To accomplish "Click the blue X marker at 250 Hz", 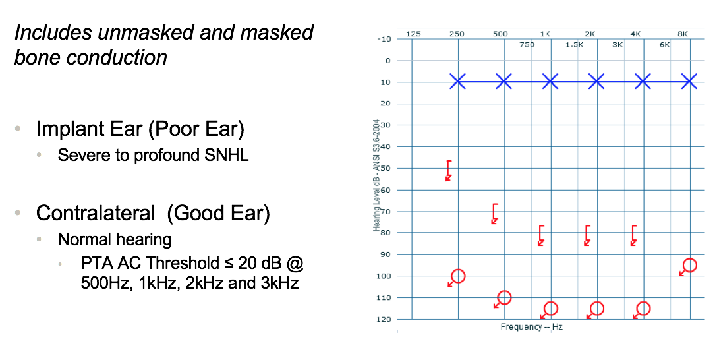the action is (457, 82).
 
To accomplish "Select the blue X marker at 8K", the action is (689, 82).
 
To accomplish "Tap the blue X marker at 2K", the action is (596, 82).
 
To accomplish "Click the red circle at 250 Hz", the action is (458, 276).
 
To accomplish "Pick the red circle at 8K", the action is (689, 265).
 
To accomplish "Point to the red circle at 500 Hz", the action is (504, 297).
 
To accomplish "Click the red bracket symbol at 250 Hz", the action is (449, 170).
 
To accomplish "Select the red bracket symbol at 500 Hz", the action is (494, 214).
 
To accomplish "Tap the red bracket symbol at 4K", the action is (634, 235).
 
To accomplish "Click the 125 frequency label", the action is (413, 34).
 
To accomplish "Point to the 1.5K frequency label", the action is (574, 45).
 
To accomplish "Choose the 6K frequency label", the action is (664, 45).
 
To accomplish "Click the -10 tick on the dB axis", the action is (384, 39).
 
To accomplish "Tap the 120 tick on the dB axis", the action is (385, 319).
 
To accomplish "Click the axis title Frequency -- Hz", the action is (531, 326).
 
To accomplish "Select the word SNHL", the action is (226, 155).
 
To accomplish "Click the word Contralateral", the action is (96, 213).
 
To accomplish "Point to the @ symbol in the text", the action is (295, 264).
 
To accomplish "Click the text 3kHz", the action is (280, 283).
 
